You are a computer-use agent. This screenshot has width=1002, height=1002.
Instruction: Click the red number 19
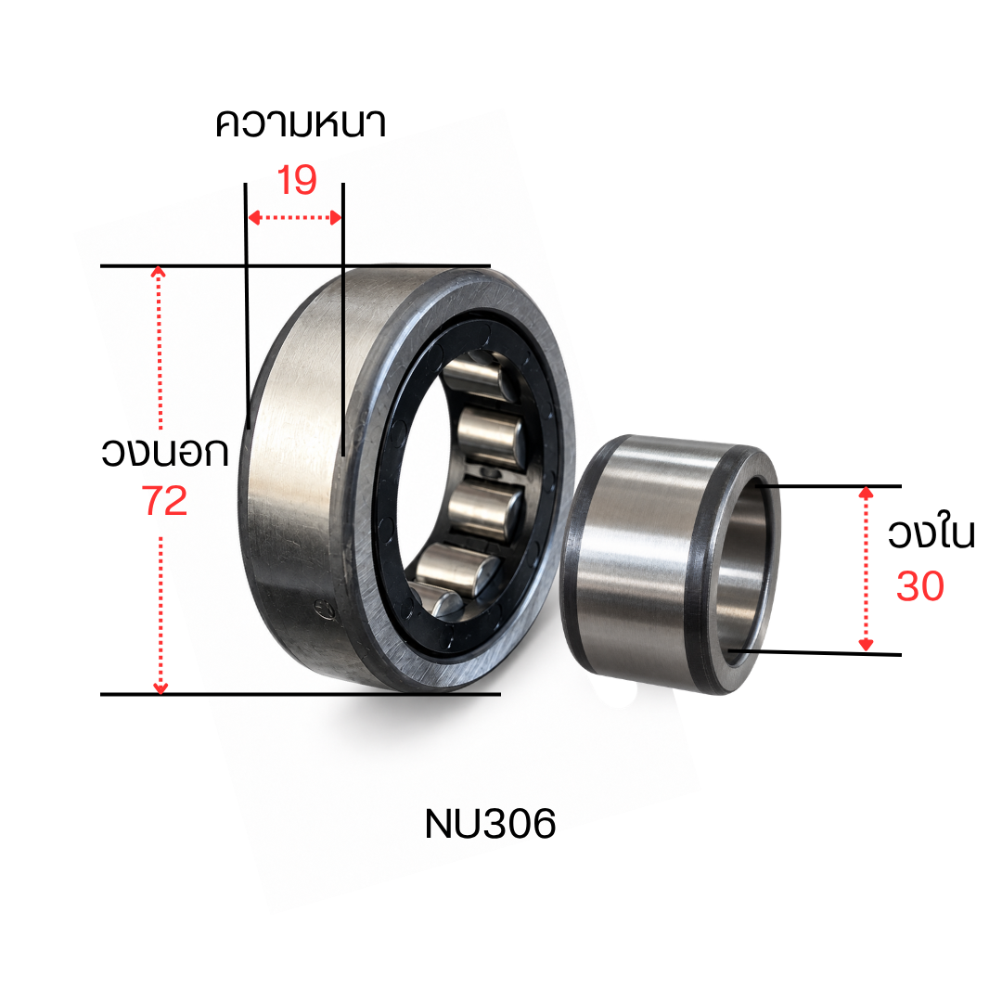(297, 180)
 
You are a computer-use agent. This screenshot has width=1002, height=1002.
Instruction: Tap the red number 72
(164, 500)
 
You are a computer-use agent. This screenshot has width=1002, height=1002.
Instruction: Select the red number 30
(920, 586)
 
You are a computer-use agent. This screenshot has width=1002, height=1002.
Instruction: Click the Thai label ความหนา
(301, 124)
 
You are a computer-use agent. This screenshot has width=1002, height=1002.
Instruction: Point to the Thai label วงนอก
(165, 452)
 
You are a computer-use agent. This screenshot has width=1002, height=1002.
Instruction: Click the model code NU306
(490, 824)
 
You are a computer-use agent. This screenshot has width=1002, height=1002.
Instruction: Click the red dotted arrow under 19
(295, 218)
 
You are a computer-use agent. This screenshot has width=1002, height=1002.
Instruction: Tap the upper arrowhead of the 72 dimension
(159, 272)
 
